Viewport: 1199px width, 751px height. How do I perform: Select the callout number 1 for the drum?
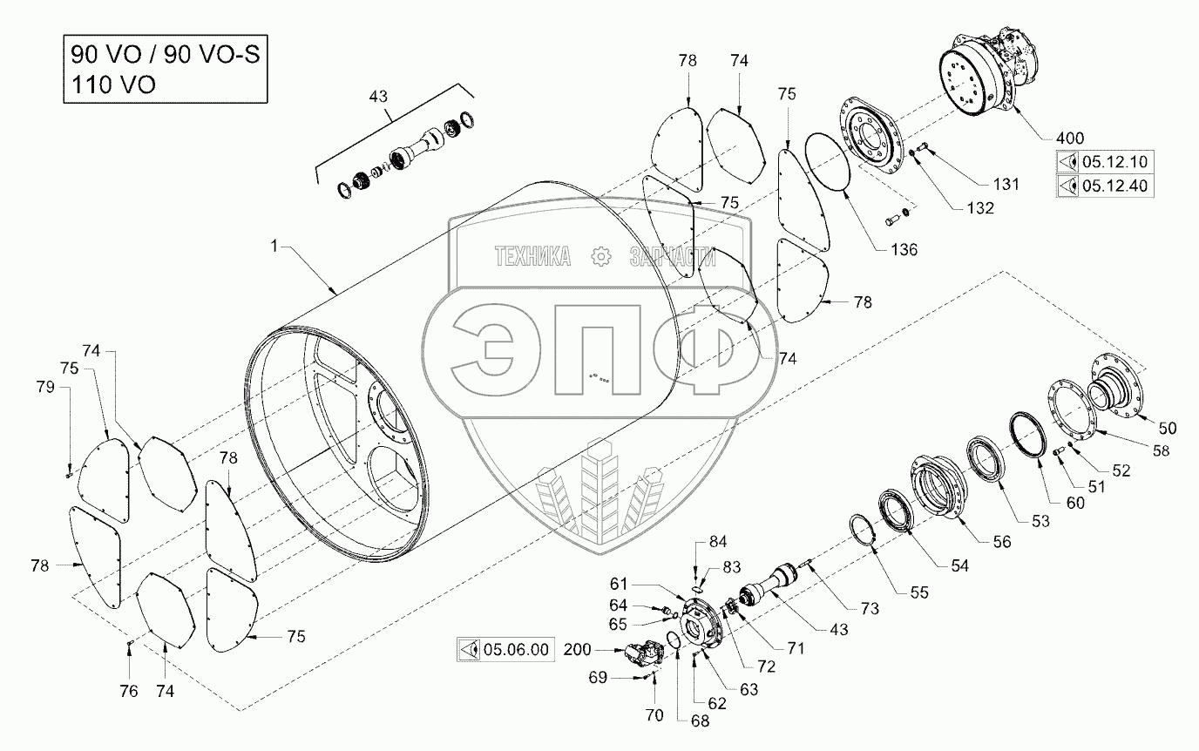(274, 247)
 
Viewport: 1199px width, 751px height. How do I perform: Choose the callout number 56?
(1002, 542)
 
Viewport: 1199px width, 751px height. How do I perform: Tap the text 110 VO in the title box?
(109, 85)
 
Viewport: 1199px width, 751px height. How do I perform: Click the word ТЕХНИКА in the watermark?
(532, 256)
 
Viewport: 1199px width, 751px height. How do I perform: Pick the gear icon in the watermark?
(599, 256)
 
